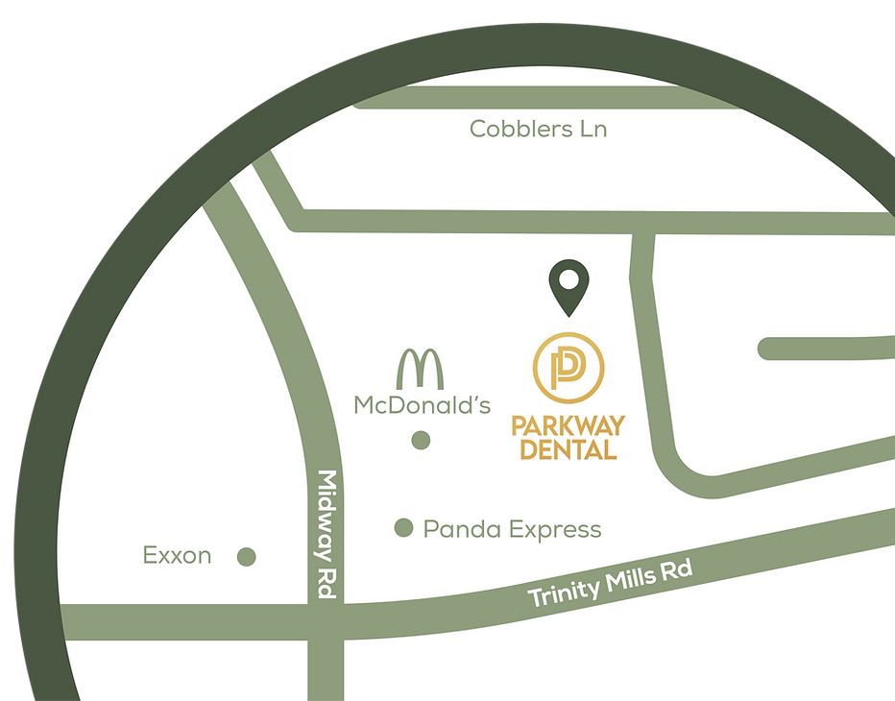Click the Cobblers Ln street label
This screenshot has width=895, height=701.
[x=538, y=129]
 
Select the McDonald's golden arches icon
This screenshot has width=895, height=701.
[x=421, y=370]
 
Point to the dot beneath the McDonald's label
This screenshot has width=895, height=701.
[x=421, y=441]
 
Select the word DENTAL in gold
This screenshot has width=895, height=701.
[x=568, y=448]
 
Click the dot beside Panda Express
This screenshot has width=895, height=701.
[x=404, y=527]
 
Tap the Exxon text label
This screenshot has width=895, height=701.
[x=177, y=555]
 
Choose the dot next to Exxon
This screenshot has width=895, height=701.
[x=247, y=556]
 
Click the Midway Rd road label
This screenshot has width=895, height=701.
[x=327, y=535]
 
